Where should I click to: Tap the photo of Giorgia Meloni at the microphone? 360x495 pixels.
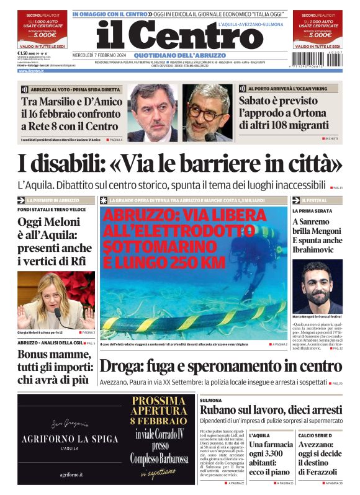coord(56,300)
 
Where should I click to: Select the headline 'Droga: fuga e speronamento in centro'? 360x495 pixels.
coord(220,367)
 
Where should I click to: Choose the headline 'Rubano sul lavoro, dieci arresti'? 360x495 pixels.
coord(270,410)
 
